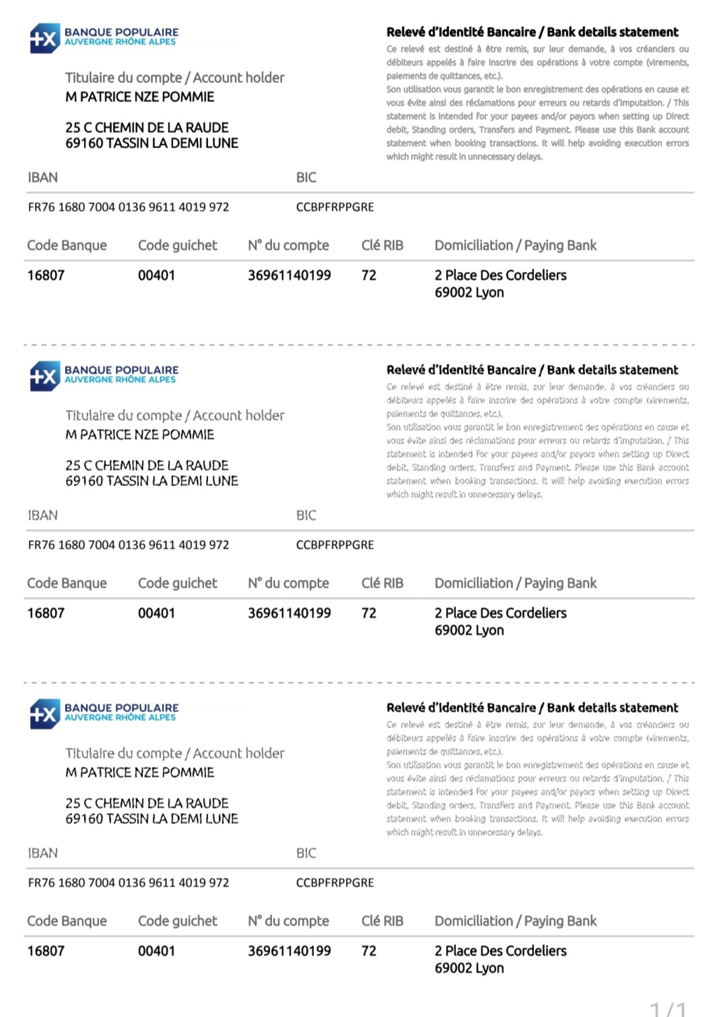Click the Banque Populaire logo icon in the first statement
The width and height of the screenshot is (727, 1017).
pyautogui.click(x=45, y=39)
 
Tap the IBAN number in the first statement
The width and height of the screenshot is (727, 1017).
pyautogui.click(x=128, y=207)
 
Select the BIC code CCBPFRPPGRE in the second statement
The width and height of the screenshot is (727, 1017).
pyautogui.click(x=335, y=545)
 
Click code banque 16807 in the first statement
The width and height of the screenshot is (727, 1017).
pyautogui.click(x=46, y=275)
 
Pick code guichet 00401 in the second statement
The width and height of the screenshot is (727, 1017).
pyautogui.click(x=156, y=613)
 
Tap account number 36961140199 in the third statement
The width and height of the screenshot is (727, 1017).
pyautogui.click(x=289, y=951)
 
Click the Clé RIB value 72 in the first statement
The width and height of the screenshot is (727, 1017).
pyautogui.click(x=369, y=275)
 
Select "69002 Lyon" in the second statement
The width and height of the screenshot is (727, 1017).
pyautogui.click(x=469, y=630)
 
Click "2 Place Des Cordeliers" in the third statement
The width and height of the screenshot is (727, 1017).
pyautogui.click(x=501, y=951)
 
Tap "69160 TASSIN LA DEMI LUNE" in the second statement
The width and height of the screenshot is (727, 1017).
pyautogui.click(x=152, y=481)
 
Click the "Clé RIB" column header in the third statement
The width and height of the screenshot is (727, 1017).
pyautogui.click(x=382, y=921)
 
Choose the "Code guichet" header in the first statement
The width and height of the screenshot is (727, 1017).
pyautogui.click(x=177, y=245)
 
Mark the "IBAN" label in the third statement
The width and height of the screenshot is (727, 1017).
pyautogui.click(x=43, y=853)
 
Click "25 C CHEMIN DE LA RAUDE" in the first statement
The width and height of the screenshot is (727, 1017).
pyautogui.click(x=147, y=128)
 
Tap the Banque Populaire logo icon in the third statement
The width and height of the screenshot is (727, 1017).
pyautogui.click(x=45, y=714)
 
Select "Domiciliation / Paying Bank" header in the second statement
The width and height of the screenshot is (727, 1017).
pyautogui.click(x=515, y=583)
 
